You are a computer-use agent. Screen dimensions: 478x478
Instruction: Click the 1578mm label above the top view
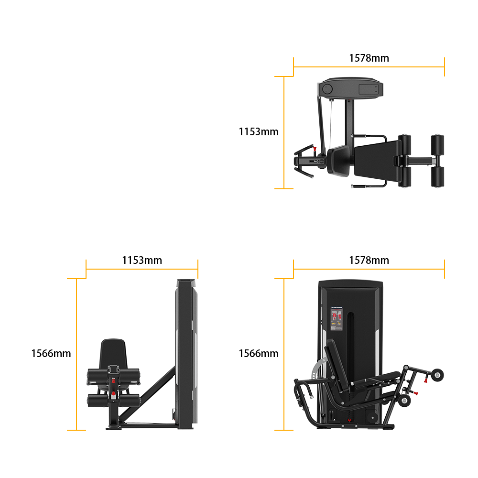tap(369, 58)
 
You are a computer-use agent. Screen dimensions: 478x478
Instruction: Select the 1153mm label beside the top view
tap(258, 132)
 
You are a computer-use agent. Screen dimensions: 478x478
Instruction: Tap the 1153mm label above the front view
tap(142, 261)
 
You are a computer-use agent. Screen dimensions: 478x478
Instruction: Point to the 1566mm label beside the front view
tap(51, 353)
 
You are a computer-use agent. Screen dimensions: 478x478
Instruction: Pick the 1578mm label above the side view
tap(369, 261)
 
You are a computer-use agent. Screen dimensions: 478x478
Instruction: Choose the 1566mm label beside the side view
tap(258, 353)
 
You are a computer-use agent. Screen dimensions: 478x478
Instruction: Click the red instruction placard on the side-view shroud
tap(337, 319)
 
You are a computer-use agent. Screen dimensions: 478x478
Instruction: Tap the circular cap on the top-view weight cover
tap(327, 89)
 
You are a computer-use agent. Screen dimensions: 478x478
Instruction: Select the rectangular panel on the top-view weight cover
tap(369, 89)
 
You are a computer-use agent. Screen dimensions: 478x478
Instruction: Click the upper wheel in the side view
tap(437, 375)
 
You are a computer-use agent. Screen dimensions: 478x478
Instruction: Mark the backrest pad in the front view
tap(113, 354)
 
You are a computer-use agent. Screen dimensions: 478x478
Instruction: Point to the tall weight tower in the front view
tap(186, 354)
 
